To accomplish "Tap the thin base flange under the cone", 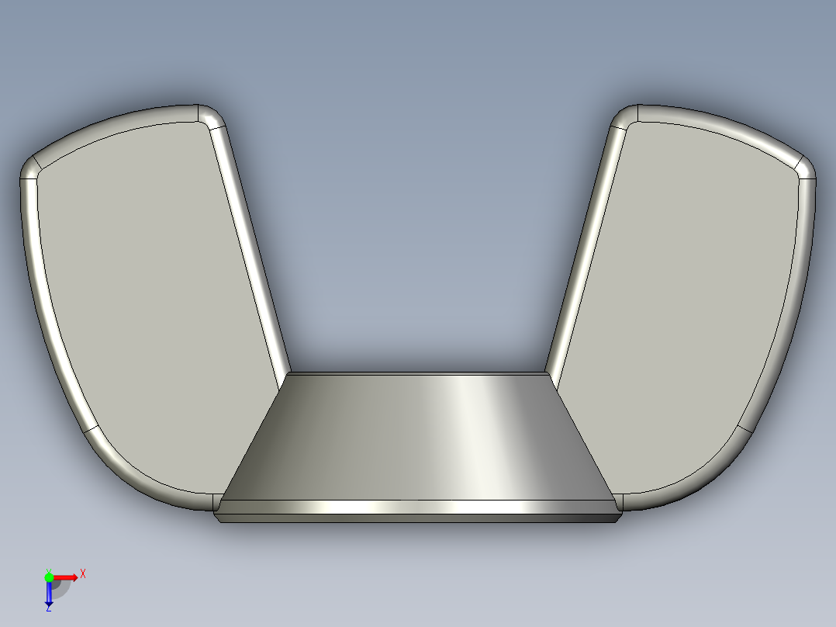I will point(419,516).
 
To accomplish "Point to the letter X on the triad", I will point(83,573).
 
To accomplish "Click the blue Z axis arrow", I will point(49,593).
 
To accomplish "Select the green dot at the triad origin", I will point(49,577).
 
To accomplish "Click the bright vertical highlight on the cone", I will point(469,435).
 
